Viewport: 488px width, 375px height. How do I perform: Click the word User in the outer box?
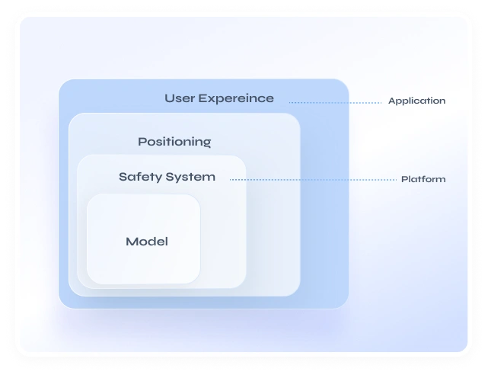[x=180, y=98]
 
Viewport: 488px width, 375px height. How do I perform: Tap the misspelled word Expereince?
[x=236, y=98]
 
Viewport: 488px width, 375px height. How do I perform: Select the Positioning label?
[x=174, y=142]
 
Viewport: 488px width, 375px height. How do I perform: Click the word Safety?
[x=140, y=177]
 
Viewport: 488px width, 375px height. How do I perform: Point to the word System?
[x=191, y=177]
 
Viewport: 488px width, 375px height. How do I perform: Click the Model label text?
[x=146, y=242]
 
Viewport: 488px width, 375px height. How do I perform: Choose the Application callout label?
[x=416, y=101]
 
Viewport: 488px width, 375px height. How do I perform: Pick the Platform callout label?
[x=423, y=180]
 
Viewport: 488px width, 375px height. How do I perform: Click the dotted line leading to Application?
[x=335, y=101]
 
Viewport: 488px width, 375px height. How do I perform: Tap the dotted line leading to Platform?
[x=312, y=180]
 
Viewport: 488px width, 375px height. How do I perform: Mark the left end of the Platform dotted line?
[x=231, y=180]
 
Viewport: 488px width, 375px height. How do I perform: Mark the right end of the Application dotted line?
[x=381, y=101]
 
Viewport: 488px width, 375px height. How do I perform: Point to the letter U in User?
[x=169, y=98]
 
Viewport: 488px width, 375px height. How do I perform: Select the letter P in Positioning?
[x=142, y=142]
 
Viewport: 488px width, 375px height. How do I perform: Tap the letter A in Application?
[x=391, y=101]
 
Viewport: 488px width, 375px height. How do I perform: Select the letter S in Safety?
[x=123, y=177]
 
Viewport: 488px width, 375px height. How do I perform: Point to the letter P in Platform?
[x=404, y=180]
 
